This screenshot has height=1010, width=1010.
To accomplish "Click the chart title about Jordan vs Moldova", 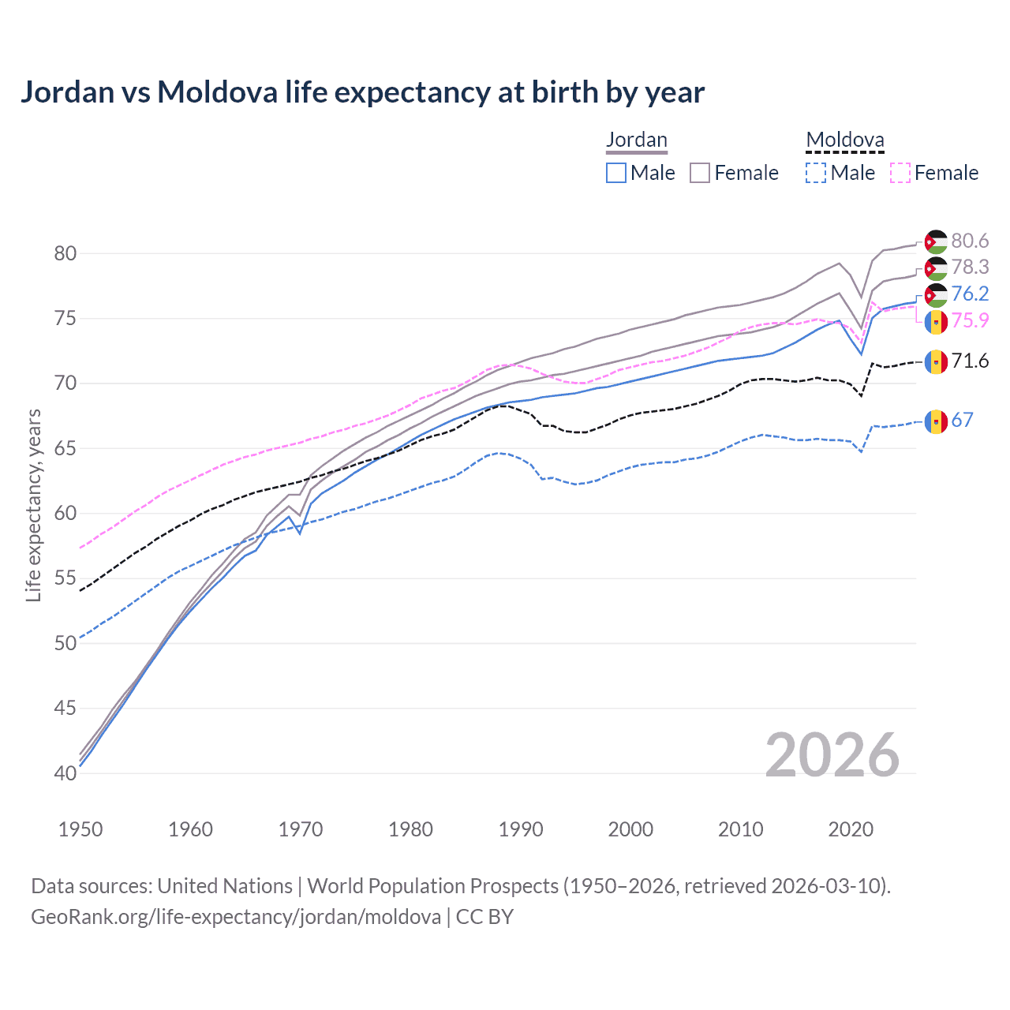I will point(362,92).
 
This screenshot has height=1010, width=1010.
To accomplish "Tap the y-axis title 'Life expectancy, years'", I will point(34,505).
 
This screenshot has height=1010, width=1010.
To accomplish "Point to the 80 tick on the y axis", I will point(65,254).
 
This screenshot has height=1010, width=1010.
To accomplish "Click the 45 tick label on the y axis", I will point(65,709).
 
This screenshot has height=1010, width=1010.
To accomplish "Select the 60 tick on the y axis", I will point(65,514).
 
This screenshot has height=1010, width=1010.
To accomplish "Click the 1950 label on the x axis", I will point(80,829).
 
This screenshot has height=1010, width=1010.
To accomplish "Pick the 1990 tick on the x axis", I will point(521,829).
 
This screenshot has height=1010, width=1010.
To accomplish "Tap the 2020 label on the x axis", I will point(851,829).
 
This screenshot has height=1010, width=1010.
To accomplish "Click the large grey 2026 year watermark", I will point(832,755).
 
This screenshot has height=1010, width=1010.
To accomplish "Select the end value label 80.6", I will point(970,241).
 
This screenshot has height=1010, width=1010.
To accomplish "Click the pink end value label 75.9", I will point(970,320).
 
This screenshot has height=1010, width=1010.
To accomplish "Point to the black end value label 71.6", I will point(970,361).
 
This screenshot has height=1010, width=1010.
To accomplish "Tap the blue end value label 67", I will point(962,420).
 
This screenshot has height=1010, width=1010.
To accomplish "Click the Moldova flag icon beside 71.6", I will point(936,362).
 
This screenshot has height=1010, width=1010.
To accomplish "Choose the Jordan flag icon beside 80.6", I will point(936,241).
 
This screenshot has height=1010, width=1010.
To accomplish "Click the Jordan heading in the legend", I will point(636,140).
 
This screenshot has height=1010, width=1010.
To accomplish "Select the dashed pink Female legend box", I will point(900,173).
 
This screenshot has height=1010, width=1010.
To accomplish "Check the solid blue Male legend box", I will point(616,173).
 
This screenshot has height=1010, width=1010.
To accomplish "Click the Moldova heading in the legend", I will point(844,140).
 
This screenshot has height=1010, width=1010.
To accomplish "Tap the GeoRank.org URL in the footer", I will point(236,917).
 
